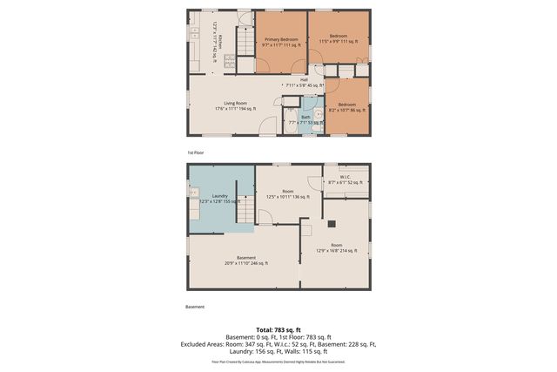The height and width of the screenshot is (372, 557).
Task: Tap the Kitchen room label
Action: click(218, 41)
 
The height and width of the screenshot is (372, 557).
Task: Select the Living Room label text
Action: click(235, 105)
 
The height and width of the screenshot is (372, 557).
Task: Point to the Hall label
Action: click(304, 83)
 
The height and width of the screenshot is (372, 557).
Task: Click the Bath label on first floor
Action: click(305, 118)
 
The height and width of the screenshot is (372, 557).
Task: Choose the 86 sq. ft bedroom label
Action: click(346, 107)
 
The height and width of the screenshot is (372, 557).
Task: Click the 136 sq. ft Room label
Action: click(288, 193)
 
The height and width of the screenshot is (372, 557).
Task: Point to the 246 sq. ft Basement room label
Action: click(246, 260)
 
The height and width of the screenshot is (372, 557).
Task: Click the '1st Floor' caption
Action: click(195, 153)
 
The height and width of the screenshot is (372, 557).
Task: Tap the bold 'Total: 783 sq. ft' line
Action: click(278, 329)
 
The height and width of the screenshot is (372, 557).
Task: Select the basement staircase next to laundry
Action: click(246, 209)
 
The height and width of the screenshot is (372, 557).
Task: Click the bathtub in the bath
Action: click(288, 121)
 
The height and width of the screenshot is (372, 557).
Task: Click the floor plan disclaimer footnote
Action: click(278, 361)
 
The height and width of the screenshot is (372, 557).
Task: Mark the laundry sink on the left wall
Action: click(194, 193)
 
